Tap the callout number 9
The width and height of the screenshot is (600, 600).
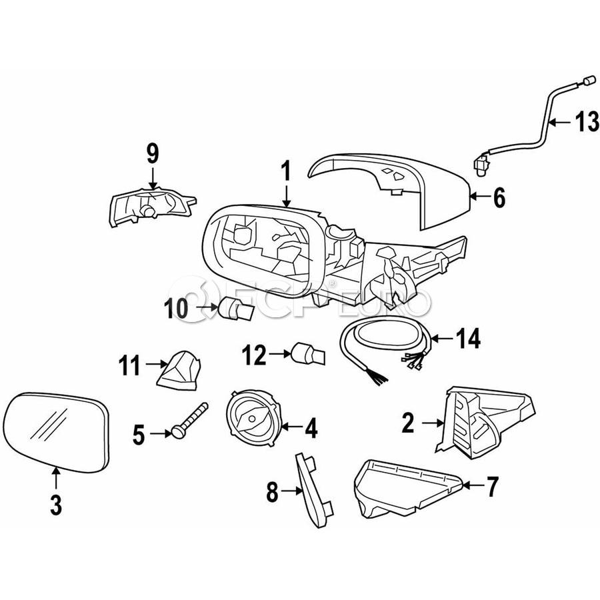pos(153,154)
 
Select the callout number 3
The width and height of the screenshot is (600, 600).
pos(56,505)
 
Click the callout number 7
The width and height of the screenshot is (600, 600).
pos(491,488)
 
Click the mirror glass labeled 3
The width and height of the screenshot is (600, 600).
pos(54,430)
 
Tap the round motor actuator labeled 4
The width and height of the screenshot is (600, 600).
pos(254,417)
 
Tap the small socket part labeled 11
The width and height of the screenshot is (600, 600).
pos(180,371)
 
